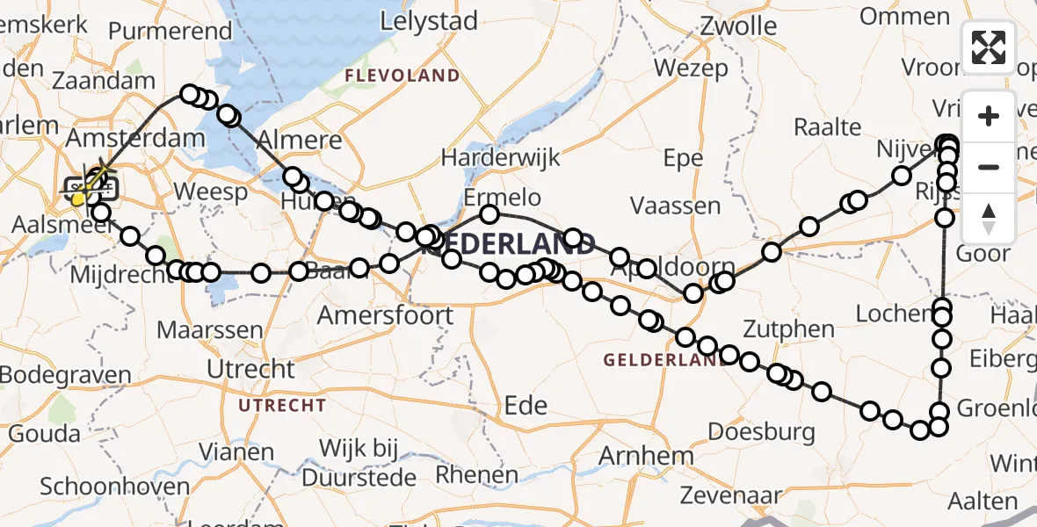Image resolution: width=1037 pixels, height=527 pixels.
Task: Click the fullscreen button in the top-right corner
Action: (x=989, y=47)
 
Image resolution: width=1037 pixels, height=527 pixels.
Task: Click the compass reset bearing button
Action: (x=989, y=219)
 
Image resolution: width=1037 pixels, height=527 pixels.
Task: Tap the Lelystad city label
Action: (x=429, y=21)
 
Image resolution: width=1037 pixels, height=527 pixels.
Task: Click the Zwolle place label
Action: (x=738, y=25)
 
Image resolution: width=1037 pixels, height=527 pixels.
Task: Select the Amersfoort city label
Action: (x=386, y=314)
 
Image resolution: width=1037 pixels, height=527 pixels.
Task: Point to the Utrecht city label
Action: (x=250, y=369)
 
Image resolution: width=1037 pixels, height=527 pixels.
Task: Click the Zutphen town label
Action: (x=787, y=330)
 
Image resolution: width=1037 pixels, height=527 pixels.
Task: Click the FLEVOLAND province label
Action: (x=402, y=76)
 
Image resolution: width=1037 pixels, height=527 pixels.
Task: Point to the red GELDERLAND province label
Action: (x=649, y=360)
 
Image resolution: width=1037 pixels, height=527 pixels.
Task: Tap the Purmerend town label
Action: (x=170, y=31)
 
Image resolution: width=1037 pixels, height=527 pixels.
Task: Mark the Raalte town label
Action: (x=827, y=126)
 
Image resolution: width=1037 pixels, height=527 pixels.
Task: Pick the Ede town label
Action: (x=526, y=405)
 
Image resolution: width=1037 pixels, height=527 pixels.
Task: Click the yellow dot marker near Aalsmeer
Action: (x=77, y=199)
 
